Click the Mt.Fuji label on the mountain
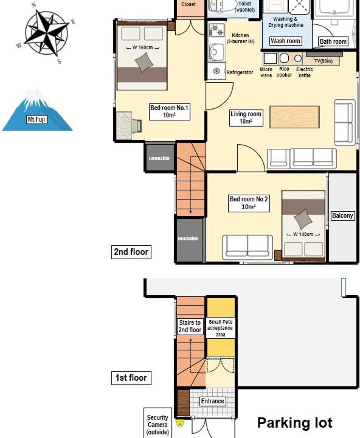[36, 120]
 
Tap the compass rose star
[46, 32]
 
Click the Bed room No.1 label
[169, 111]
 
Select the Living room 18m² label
[246, 117]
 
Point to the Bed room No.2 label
[249, 203]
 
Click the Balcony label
[342, 215]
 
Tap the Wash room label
[285, 41]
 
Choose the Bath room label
[333, 41]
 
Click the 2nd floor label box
[131, 252]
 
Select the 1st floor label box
[131, 378]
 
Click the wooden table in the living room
[294, 117]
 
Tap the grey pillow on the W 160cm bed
[144, 62]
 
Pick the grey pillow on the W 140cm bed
[303, 219]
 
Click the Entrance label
[213, 401]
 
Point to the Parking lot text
[295, 423]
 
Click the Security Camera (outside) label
[157, 425]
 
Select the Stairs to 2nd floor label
[190, 326]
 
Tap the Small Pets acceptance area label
[220, 328]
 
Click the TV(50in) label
[324, 61]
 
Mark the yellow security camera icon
[179, 422]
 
